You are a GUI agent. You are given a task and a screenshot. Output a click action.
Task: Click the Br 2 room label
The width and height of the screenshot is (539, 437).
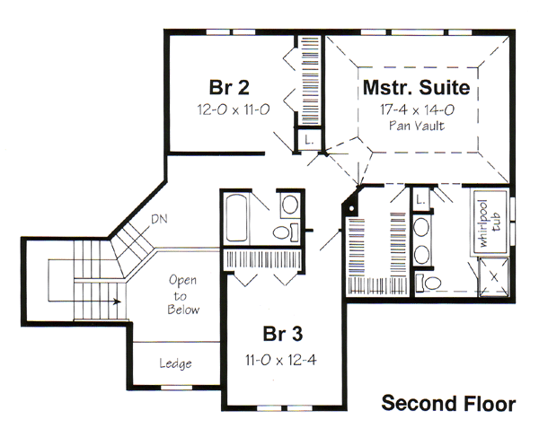[229, 87]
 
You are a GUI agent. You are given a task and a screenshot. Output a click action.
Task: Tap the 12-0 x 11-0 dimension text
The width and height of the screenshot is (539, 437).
[234, 109]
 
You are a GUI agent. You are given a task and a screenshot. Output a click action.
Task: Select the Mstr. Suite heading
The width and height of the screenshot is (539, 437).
[417, 87]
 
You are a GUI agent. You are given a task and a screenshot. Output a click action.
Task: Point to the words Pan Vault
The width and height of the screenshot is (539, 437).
[417, 126]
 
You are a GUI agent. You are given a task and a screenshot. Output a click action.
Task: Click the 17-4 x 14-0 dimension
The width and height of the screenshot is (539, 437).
[417, 109]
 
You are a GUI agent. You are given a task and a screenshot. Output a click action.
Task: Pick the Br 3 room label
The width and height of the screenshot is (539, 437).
[283, 334]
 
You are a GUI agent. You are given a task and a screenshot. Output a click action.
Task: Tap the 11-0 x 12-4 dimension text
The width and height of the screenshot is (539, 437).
[281, 360]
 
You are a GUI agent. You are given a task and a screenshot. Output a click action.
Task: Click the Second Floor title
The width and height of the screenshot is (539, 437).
[448, 403]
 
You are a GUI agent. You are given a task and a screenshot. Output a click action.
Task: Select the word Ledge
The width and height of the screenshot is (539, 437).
[175, 363]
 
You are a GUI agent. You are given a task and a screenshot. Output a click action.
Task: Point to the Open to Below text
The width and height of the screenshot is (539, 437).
[183, 295]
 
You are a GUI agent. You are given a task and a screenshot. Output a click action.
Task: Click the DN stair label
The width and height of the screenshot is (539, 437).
[160, 219]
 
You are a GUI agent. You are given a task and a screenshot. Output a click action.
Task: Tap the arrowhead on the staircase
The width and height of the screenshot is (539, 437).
[117, 302]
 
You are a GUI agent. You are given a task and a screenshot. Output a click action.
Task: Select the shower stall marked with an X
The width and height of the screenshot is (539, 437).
[494, 276]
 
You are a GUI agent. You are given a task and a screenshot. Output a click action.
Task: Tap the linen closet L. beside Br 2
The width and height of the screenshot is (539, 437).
[309, 140]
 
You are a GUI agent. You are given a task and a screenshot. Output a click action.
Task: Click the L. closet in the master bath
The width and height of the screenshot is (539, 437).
[420, 199]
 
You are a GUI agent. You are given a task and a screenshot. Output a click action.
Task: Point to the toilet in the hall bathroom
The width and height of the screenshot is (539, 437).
[286, 232]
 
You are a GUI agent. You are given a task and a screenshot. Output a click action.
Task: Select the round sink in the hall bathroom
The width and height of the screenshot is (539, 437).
[290, 205]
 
